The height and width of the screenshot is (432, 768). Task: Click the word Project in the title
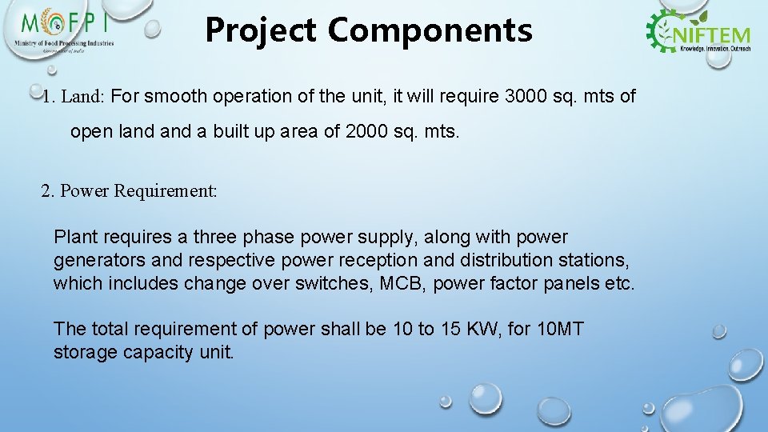pyautogui.click(x=262, y=30)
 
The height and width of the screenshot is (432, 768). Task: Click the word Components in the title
pyautogui.click(x=430, y=30)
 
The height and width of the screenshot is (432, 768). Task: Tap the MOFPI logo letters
pyautogui.click(x=67, y=22)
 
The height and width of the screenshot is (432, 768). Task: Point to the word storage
pyautogui.click(x=86, y=352)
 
